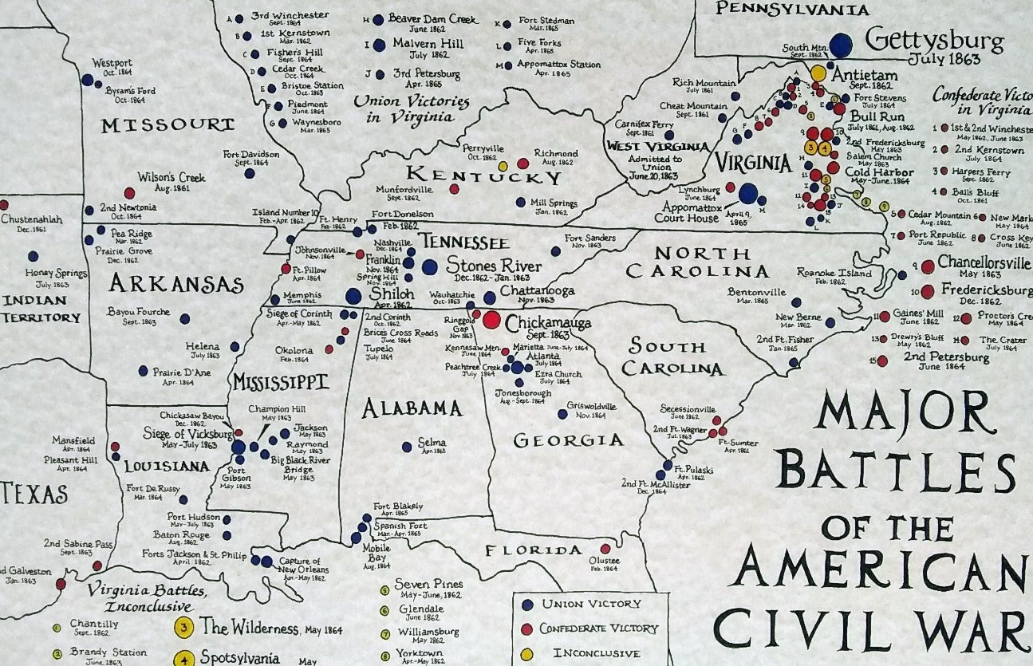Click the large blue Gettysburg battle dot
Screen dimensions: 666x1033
840,44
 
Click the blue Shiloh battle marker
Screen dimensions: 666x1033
353,296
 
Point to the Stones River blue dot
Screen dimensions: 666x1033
430,267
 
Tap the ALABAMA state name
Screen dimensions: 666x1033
412,409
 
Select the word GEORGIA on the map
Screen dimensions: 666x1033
567,440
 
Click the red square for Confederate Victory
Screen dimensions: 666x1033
527,629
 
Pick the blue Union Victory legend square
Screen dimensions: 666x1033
527,605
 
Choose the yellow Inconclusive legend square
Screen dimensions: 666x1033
527,653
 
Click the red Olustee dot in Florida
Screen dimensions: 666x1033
605,549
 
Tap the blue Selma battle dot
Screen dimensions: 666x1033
407,447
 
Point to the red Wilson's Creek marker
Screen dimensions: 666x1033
129,193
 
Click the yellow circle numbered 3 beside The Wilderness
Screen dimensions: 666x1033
184,628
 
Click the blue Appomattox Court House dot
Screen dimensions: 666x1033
747,193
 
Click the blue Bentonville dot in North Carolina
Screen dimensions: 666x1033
795,303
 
